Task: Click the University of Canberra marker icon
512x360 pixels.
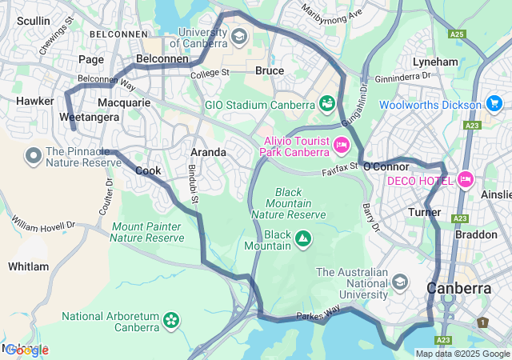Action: [238, 36]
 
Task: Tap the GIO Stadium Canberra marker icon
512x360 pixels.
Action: [326, 104]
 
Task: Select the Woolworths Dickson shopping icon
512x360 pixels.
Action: [494, 104]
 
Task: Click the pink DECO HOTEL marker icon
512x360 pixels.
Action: [465, 180]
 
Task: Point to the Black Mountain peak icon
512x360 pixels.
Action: [303, 238]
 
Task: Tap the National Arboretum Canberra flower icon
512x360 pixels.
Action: [170, 320]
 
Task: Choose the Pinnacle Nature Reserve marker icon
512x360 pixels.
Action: [34, 154]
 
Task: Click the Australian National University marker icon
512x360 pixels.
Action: [400, 282]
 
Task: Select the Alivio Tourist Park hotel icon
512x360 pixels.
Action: [342, 145]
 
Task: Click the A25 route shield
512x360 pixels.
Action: [457, 34]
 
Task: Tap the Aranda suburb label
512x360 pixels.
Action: [207, 152]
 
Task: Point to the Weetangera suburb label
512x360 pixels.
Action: [89, 117]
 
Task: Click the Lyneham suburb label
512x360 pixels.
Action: [435, 62]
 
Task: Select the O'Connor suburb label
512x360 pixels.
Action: [386, 166]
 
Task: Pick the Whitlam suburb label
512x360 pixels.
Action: [28, 266]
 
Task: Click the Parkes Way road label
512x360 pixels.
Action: [318, 312]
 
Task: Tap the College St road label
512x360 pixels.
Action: [210, 73]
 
